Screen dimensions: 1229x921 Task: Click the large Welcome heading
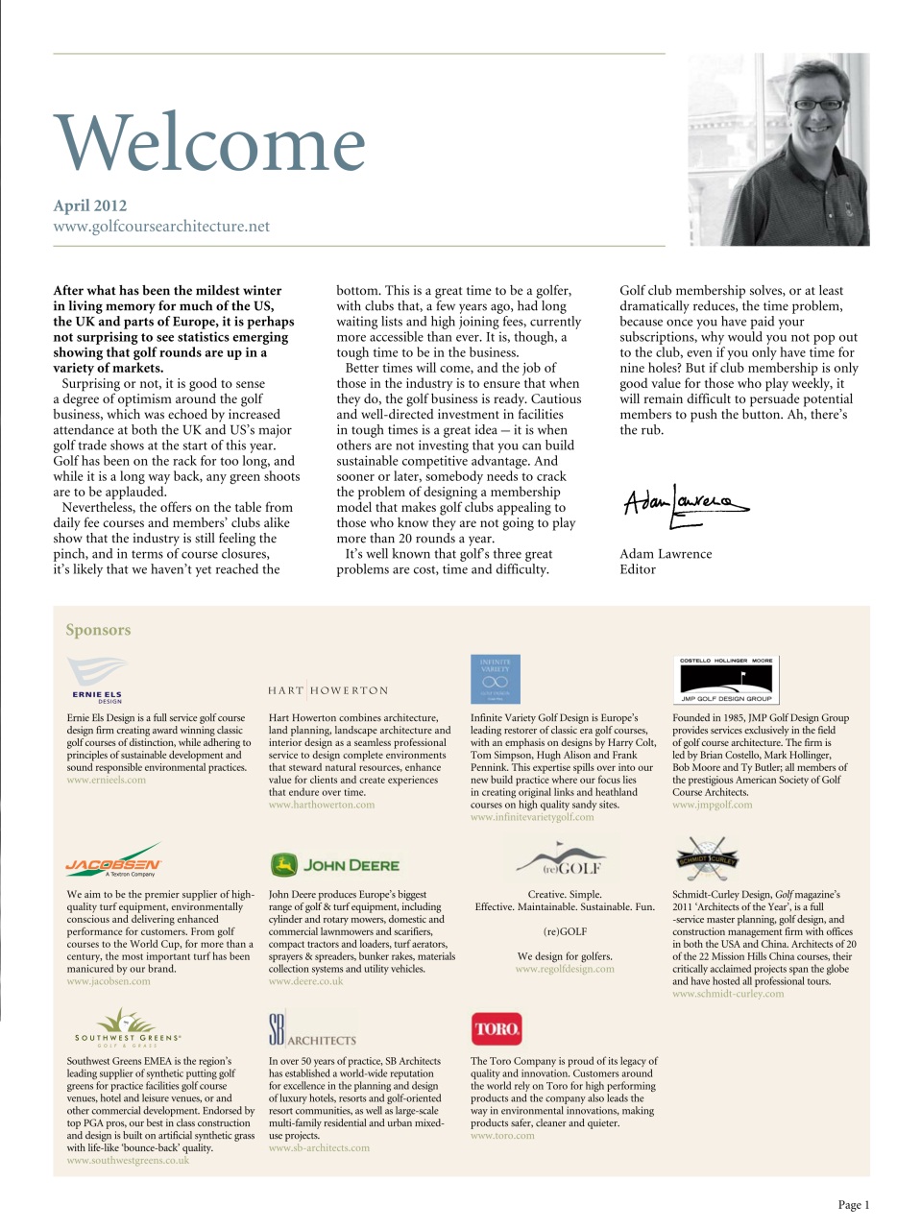209,143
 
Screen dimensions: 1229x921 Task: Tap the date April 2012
89,205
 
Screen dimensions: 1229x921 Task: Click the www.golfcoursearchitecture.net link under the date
161,227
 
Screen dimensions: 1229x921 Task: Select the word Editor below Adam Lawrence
638,569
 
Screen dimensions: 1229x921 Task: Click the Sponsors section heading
98,630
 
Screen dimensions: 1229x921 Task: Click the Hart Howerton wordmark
328,690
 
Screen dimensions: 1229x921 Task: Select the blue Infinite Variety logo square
495,679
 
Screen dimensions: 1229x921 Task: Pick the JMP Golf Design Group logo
726,680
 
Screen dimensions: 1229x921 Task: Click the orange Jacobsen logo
113,861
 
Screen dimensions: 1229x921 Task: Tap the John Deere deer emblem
283,865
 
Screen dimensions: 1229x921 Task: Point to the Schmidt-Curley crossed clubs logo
707,858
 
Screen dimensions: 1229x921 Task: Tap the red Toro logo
497,1028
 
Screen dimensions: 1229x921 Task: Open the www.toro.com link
502,1136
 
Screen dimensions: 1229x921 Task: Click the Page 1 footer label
853,1205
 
